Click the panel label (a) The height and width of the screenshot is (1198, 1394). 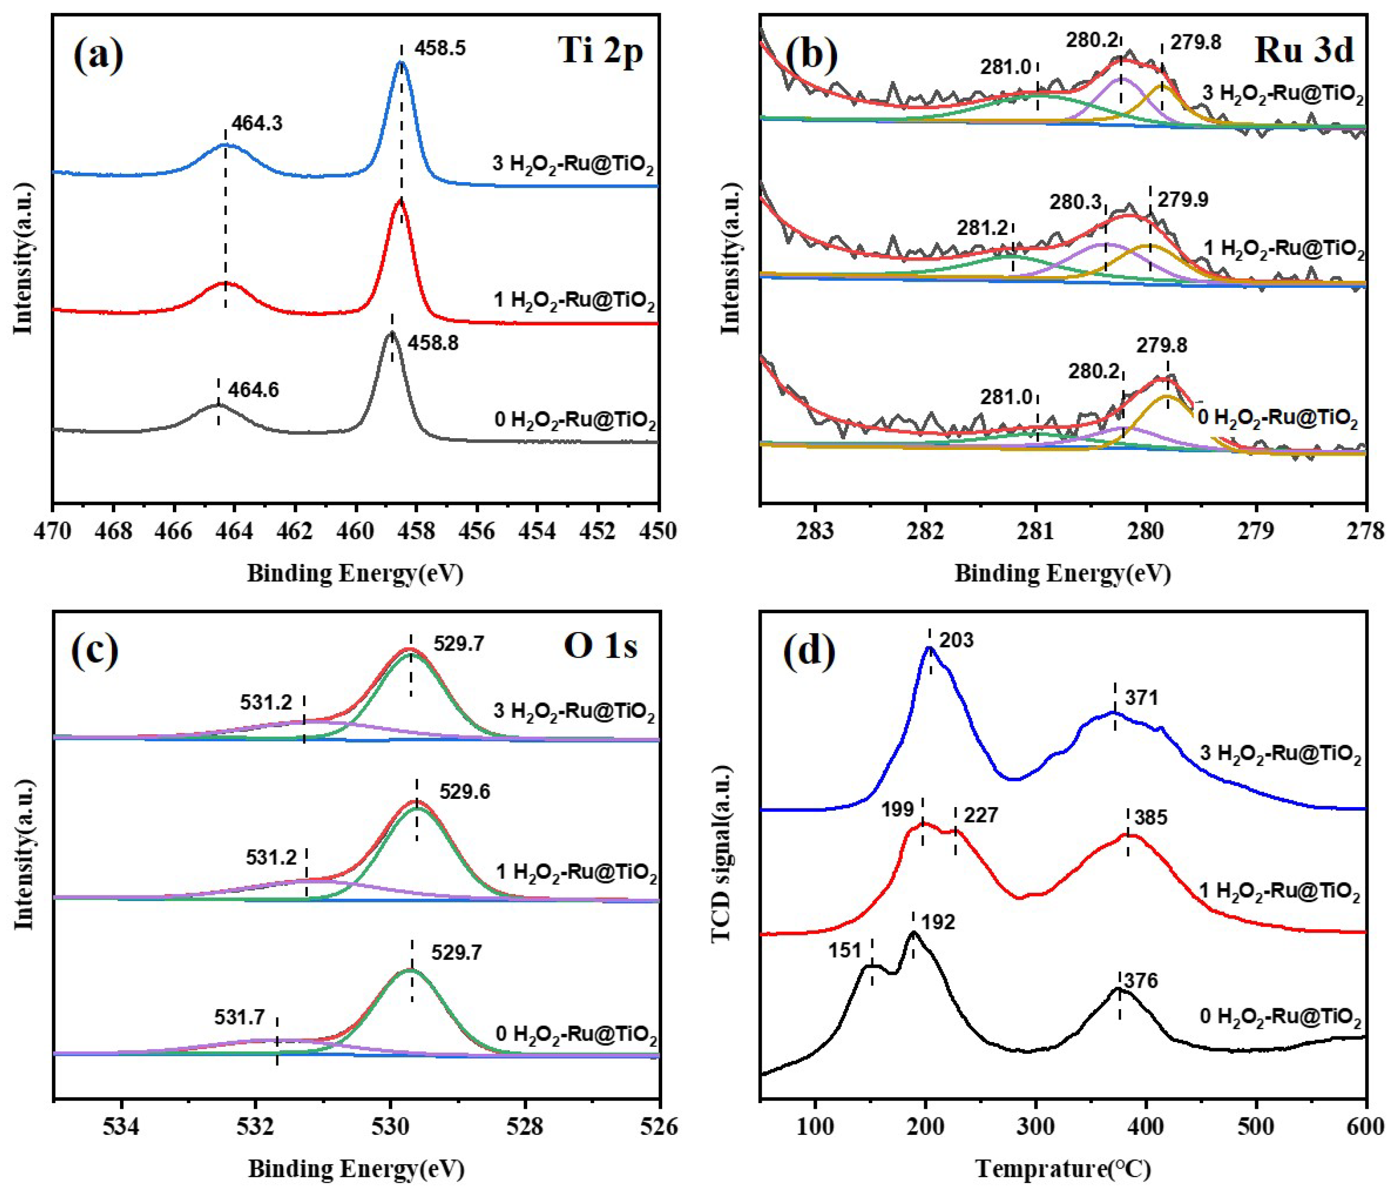pyautogui.click(x=98, y=56)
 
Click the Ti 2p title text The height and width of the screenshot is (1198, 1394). pyautogui.click(x=600, y=51)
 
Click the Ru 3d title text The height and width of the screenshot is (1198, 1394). pyautogui.click(x=1303, y=51)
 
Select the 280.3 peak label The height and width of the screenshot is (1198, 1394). pyautogui.click(x=1076, y=202)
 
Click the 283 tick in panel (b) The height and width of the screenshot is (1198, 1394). pyautogui.click(x=815, y=531)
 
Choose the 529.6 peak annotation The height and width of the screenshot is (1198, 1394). pyautogui.click(x=464, y=792)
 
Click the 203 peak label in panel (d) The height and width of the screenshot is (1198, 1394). pyautogui.click(x=956, y=640)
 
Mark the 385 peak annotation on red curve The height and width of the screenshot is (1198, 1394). pyautogui.click(x=1150, y=818)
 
